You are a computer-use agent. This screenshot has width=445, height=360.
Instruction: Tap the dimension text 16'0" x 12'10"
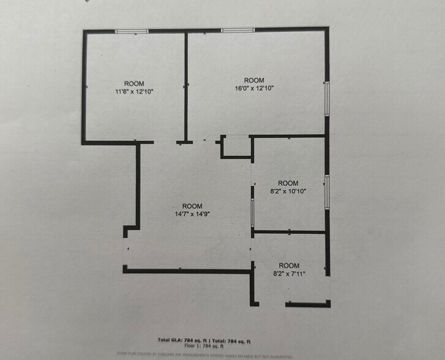(x=254, y=88)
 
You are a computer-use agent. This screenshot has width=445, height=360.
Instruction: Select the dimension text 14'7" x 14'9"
(x=192, y=214)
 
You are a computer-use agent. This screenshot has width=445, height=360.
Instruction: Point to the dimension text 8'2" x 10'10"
(x=288, y=191)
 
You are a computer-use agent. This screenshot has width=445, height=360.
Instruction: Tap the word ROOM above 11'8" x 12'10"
(x=134, y=83)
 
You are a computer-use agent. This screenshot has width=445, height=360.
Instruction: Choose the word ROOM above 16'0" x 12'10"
(x=254, y=80)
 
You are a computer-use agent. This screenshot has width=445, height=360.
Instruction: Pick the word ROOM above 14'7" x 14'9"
(x=192, y=206)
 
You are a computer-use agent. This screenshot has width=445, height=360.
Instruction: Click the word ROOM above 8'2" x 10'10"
(x=288, y=183)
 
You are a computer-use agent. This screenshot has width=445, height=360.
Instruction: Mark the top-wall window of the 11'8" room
(x=132, y=31)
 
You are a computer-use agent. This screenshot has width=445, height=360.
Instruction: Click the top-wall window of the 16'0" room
(x=238, y=29)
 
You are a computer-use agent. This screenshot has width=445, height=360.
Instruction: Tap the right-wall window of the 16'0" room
(x=327, y=98)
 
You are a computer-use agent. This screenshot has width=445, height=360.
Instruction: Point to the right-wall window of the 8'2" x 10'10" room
(x=327, y=192)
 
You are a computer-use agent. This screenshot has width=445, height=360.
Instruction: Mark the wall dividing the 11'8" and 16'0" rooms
(x=185, y=86)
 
